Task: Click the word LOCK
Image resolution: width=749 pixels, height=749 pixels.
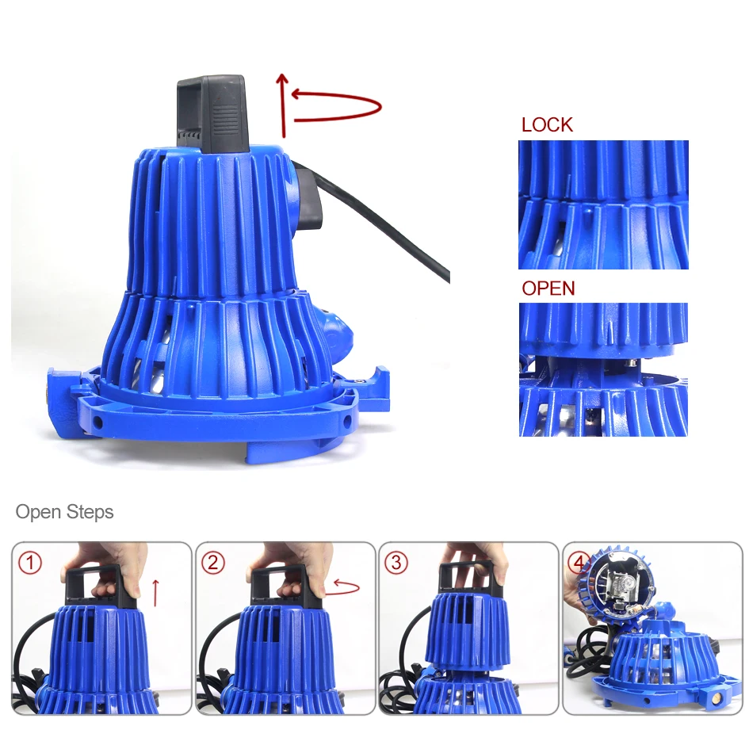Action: pyautogui.click(x=547, y=124)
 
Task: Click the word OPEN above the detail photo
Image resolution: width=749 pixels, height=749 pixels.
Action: pyautogui.click(x=548, y=289)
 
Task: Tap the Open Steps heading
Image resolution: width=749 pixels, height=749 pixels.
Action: pyautogui.click(x=64, y=512)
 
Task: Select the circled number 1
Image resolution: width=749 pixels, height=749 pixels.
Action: pyautogui.click(x=30, y=563)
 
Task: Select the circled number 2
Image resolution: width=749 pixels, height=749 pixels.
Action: pyautogui.click(x=213, y=563)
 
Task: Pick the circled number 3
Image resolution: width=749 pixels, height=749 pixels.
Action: pyautogui.click(x=396, y=563)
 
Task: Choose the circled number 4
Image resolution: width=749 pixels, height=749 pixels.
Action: pyautogui.click(x=578, y=563)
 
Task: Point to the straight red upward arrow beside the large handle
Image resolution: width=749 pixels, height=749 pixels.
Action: pyautogui.click(x=283, y=105)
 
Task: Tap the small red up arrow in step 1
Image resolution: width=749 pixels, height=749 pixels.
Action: pyautogui.click(x=155, y=593)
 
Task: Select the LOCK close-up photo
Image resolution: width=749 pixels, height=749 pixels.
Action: pyautogui.click(x=603, y=204)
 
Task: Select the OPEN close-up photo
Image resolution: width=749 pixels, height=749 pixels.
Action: pyautogui.click(x=603, y=369)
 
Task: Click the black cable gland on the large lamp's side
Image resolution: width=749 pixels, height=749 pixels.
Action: pyautogui.click(x=309, y=200)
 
